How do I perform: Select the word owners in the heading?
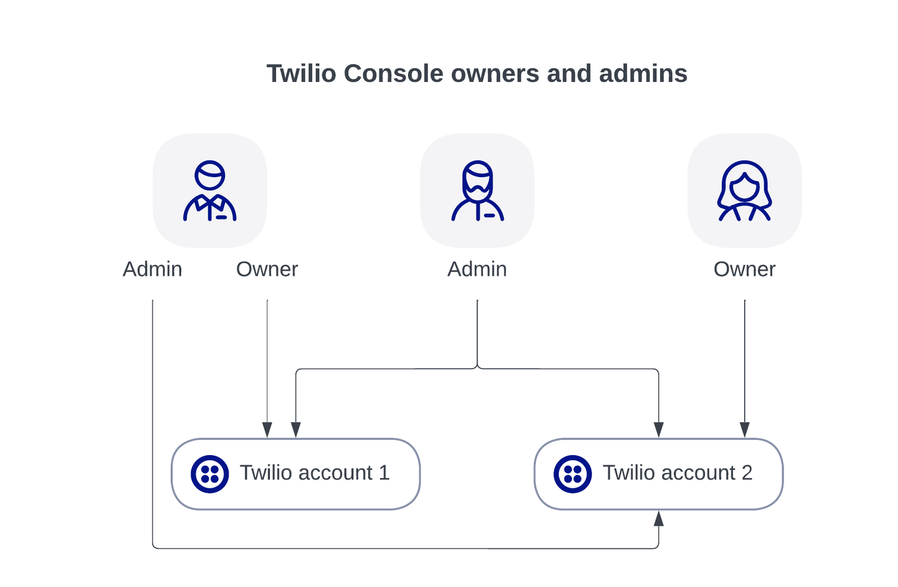[x=495, y=74]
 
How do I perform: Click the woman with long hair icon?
[x=744, y=191]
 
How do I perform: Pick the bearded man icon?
[x=478, y=191]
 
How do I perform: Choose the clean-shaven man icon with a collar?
[x=210, y=191]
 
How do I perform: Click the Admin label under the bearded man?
[x=477, y=269]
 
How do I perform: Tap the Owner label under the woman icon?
[x=744, y=269]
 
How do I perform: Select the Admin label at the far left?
[x=153, y=269]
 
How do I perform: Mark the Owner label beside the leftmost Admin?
[x=267, y=269]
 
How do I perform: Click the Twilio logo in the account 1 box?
[x=210, y=474]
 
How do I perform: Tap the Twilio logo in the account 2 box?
[x=572, y=474]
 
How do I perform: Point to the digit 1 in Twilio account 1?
[x=384, y=473]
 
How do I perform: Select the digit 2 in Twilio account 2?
[x=747, y=473]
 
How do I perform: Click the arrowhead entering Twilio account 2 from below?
[x=658, y=519]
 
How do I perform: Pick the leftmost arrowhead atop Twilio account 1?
[x=267, y=430]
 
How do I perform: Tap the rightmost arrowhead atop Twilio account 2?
[x=745, y=430]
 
